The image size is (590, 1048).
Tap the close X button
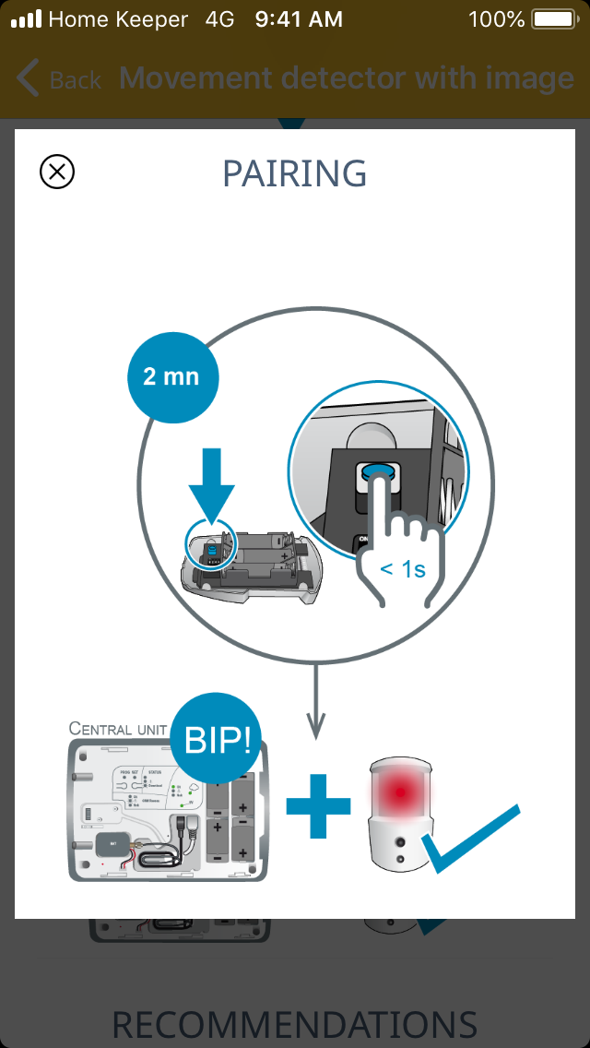click(x=57, y=172)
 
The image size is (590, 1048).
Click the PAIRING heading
click(x=295, y=173)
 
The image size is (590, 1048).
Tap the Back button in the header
click(x=59, y=79)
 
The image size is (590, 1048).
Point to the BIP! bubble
click(x=218, y=738)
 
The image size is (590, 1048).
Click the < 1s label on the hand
click(x=402, y=569)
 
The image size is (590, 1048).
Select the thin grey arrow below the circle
click(x=316, y=701)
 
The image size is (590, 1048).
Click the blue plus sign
click(x=318, y=805)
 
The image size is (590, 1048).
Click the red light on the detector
click(x=397, y=790)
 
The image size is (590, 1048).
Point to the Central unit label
click(x=117, y=729)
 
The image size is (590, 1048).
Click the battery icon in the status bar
click(x=555, y=18)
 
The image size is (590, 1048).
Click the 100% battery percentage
click(x=496, y=18)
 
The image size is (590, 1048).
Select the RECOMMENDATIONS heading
click(x=295, y=1024)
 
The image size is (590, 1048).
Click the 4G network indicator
click(x=220, y=18)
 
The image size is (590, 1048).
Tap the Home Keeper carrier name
click(x=118, y=18)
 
